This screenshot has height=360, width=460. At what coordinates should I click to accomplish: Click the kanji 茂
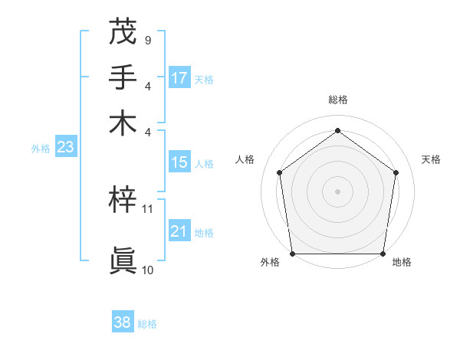point(123,33)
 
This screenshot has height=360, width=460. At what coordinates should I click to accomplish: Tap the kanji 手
point(123,77)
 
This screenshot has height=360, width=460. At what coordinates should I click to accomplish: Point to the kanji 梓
point(123,201)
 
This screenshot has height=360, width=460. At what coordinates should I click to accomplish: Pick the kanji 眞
point(123,260)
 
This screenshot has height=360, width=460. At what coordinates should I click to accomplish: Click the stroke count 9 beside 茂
point(147,40)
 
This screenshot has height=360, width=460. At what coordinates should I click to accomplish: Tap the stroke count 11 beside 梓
point(148,208)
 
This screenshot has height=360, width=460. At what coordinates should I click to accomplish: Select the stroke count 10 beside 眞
point(148,270)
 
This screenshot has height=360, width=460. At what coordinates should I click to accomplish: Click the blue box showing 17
point(179,77)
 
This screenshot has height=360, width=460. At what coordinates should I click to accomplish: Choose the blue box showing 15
point(179,162)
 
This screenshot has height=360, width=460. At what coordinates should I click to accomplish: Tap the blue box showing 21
point(179,231)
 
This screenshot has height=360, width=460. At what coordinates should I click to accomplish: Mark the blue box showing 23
point(65,148)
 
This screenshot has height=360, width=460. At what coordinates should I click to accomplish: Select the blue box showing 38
point(123,322)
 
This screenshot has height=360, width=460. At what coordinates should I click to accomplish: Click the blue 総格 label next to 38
point(147,324)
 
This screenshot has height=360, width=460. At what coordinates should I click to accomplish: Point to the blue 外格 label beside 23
point(40,149)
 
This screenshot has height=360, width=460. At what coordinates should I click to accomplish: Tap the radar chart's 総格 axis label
point(337,100)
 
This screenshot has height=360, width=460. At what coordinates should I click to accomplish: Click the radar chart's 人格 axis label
point(245,159)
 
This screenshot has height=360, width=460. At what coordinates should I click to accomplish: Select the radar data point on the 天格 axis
point(396,172)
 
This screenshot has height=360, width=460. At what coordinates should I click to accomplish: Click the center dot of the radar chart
point(337,191)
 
